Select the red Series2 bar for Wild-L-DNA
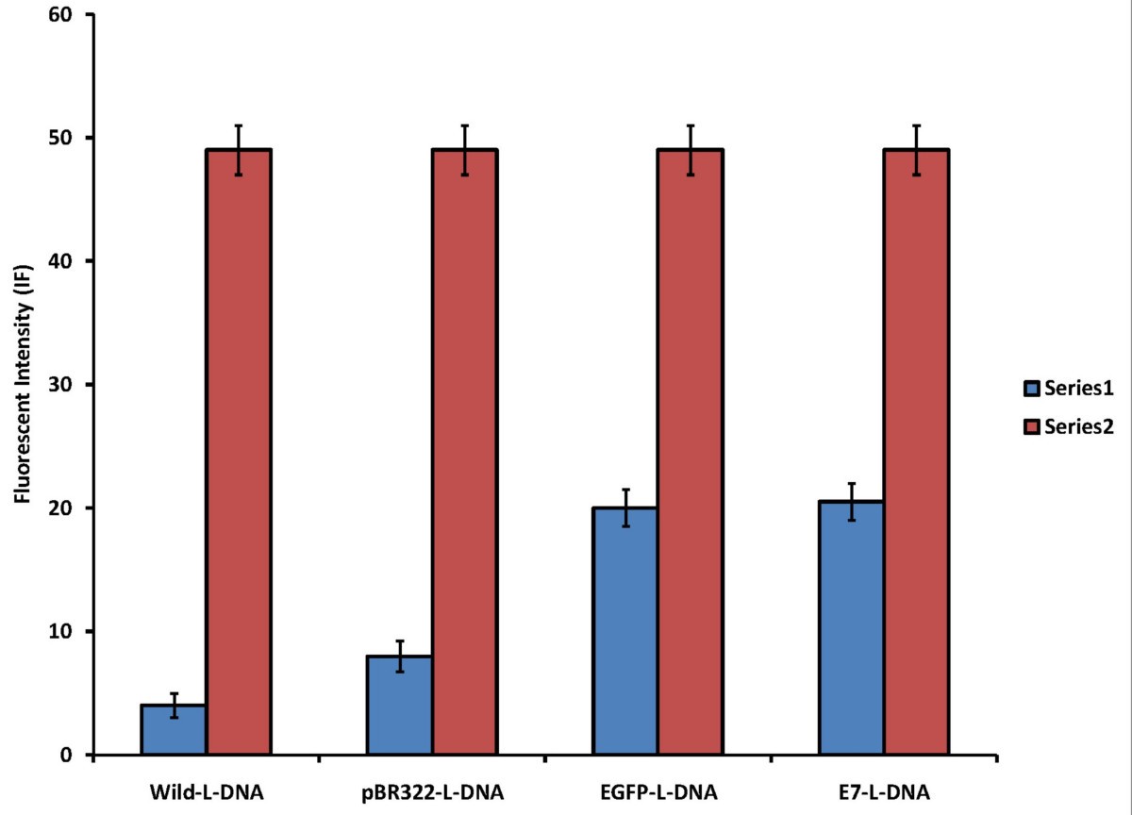[239, 452]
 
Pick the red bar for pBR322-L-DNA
[465, 452]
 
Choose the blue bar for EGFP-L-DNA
[624, 631]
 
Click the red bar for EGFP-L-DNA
[691, 452]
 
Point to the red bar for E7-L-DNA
[916, 452]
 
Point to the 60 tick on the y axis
[71, 15]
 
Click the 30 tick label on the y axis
[71, 385]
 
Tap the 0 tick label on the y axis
[75, 755]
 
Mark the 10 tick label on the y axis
[71, 631]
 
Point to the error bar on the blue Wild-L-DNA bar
[174, 705]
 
